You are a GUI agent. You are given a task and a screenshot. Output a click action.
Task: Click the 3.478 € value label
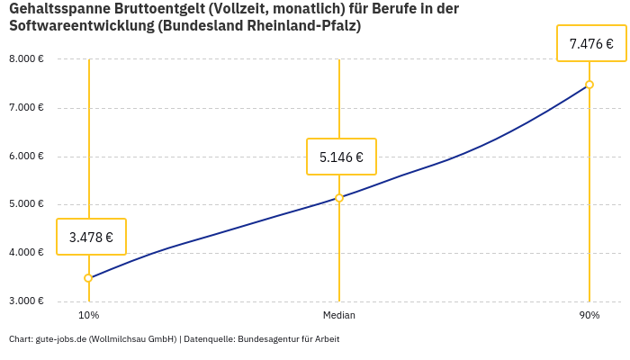click(91, 238)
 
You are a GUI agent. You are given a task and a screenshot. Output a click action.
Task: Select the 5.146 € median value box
click(341, 157)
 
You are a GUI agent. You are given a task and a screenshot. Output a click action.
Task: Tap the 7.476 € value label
click(591, 43)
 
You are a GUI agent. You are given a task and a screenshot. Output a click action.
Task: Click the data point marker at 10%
click(88, 278)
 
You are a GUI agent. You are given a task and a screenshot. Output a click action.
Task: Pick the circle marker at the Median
click(339, 198)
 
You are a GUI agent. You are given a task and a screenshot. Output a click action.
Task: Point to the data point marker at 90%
click(589, 85)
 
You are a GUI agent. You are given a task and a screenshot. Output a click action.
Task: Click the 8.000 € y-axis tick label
click(26, 59)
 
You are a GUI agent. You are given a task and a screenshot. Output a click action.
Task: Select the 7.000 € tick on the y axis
click(26, 108)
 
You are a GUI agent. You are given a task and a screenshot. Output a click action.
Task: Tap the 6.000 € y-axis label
click(26, 157)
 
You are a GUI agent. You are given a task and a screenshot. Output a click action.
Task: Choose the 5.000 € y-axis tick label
click(26, 204)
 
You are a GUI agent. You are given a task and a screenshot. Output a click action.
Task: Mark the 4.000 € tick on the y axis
click(26, 253)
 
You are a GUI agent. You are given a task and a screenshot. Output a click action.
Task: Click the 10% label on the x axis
click(88, 316)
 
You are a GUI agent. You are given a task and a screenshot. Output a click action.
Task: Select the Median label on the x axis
click(339, 316)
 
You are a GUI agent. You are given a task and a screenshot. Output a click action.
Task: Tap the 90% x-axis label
click(589, 316)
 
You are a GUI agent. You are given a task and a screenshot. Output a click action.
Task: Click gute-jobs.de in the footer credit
click(61, 339)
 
